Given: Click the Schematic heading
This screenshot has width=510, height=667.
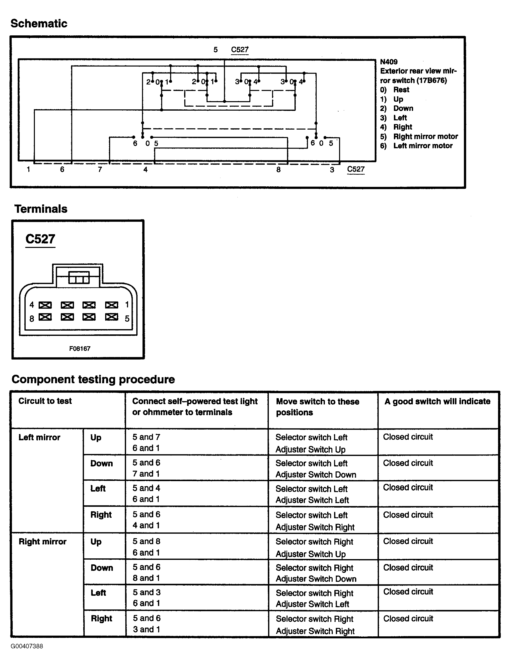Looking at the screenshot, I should [39, 23].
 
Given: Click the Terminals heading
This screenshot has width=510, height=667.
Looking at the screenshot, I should [41, 209].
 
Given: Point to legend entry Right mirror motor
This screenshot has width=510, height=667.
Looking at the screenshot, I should [425, 136].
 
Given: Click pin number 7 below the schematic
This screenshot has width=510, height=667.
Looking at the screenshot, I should [100, 169].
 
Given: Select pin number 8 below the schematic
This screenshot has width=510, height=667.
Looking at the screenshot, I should [278, 170].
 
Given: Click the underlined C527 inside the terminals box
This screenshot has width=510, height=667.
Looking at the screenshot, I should [40, 239].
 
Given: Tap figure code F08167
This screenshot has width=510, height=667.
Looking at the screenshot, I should [79, 349].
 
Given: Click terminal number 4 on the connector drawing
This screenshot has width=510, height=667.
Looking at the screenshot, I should [32, 304].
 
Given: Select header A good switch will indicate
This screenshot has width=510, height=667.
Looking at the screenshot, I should [437, 401].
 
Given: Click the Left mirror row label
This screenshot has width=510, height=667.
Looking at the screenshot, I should [39, 437].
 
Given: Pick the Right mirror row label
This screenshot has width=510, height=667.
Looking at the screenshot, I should [43, 542].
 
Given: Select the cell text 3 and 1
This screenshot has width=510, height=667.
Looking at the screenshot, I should [146, 629].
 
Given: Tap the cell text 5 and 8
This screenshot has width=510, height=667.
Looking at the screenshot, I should [146, 541].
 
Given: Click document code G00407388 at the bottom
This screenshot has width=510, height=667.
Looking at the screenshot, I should [27, 646].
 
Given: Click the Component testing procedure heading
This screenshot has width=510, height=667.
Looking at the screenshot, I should [93, 379].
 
